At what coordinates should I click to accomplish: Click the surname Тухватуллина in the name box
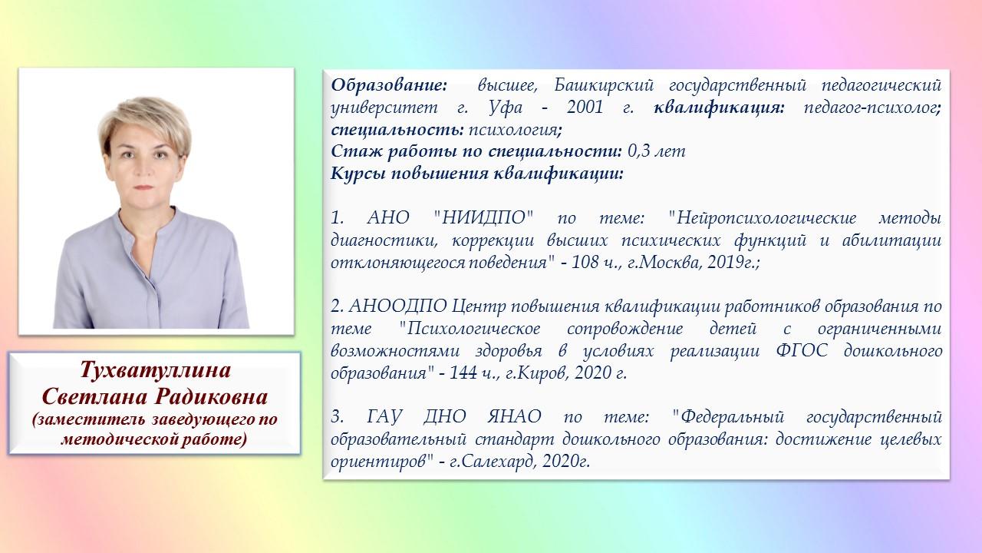coord(155,371)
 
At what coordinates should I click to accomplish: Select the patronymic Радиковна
coord(211,397)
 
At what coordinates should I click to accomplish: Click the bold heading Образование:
coord(389,85)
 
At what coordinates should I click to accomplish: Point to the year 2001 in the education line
coord(585,108)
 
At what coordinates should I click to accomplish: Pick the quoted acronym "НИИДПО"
coord(483,218)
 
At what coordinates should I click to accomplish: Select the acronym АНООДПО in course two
coord(397,306)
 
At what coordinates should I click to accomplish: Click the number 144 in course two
coord(465,373)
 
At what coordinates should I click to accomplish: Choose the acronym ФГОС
coord(802,351)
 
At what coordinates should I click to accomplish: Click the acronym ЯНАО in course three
coord(514,417)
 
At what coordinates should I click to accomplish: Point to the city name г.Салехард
coord(493,462)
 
